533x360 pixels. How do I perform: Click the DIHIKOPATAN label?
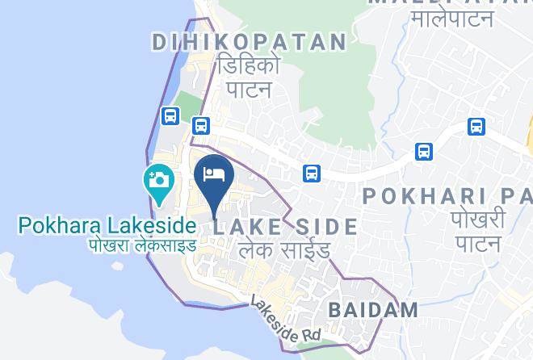tap(249, 42)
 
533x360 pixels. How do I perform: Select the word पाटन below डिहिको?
tap(247, 88)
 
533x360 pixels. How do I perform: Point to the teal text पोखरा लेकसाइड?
tap(142, 244)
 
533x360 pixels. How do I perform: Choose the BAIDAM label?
tap(373, 309)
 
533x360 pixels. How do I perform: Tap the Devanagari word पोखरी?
tap(479, 219)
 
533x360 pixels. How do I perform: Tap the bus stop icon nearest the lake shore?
tap(170, 116)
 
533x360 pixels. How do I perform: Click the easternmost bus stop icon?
tap(476, 126)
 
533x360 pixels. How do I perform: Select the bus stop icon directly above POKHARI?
tap(424, 151)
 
